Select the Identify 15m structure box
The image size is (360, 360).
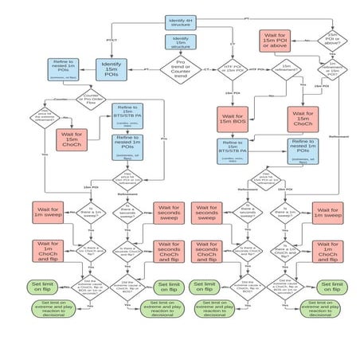180,42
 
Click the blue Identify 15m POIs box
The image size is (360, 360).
112,69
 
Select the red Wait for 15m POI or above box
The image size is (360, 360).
275,39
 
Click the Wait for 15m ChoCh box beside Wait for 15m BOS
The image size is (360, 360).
303,119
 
